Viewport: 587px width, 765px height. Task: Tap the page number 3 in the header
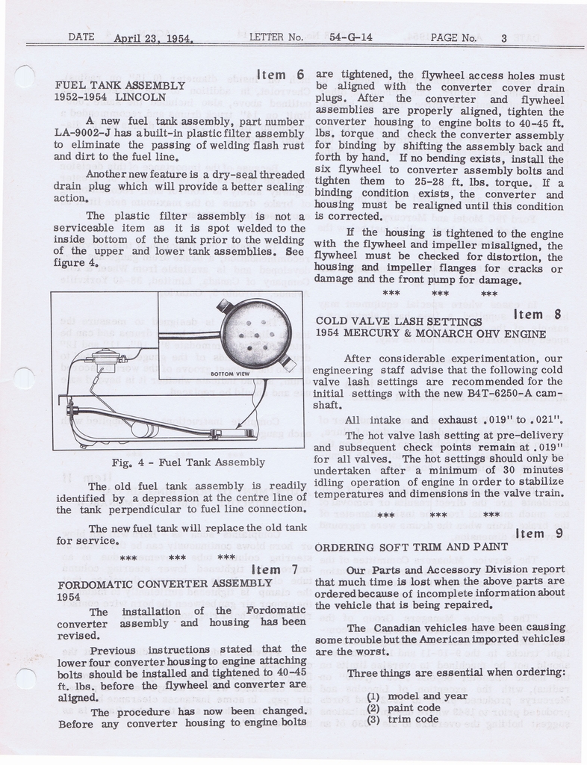(x=504, y=37)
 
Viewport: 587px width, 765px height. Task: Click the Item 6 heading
(x=281, y=74)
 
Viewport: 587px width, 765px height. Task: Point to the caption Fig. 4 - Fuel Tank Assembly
(x=187, y=462)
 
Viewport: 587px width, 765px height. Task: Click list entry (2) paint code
(x=403, y=708)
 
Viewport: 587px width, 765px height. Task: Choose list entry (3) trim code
(x=402, y=719)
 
